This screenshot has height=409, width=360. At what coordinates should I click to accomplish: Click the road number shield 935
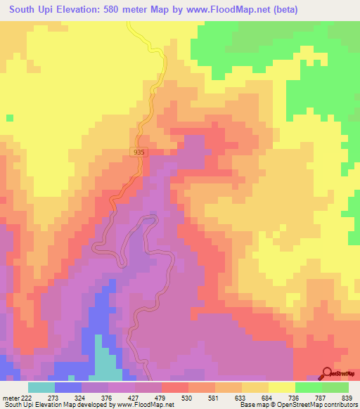click(x=139, y=151)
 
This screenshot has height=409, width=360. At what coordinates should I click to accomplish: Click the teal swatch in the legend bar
click(x=41, y=387)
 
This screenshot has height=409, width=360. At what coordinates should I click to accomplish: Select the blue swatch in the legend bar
click(x=68, y=387)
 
